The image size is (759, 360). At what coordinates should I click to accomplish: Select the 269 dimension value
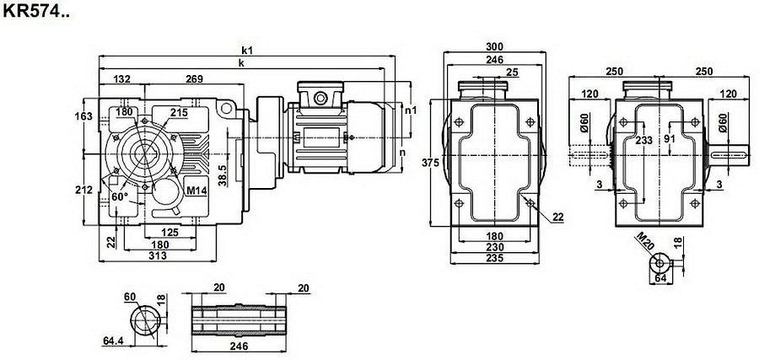point(195,79)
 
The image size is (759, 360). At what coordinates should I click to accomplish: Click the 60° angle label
point(119,197)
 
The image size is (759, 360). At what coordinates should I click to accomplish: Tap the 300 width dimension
point(496,46)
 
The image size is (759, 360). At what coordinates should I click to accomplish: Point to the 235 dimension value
point(495,259)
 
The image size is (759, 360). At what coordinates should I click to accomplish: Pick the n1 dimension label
point(411,110)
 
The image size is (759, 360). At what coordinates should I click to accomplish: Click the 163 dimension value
point(85,116)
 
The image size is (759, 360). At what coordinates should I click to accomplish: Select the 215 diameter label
point(178,112)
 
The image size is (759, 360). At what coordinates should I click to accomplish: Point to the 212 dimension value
point(85,190)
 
